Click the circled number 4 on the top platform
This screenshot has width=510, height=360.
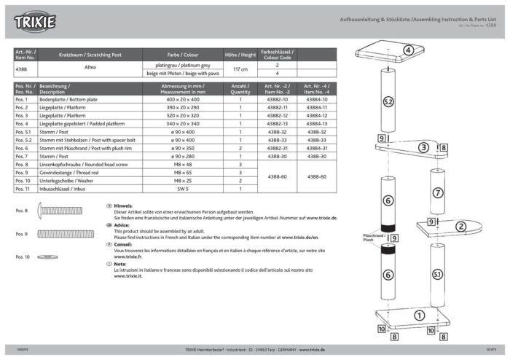coord(409,50)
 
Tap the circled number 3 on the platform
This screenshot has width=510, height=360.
coord(423,147)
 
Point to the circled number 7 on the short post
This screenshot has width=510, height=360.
coord(438,193)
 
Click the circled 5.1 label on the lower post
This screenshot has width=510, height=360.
coord(437,274)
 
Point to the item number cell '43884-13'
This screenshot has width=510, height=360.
coord(317,124)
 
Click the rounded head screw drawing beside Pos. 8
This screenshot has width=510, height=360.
coord(68,211)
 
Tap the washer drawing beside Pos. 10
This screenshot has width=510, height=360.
coord(48,257)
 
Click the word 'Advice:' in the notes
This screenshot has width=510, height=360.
coord(122,225)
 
